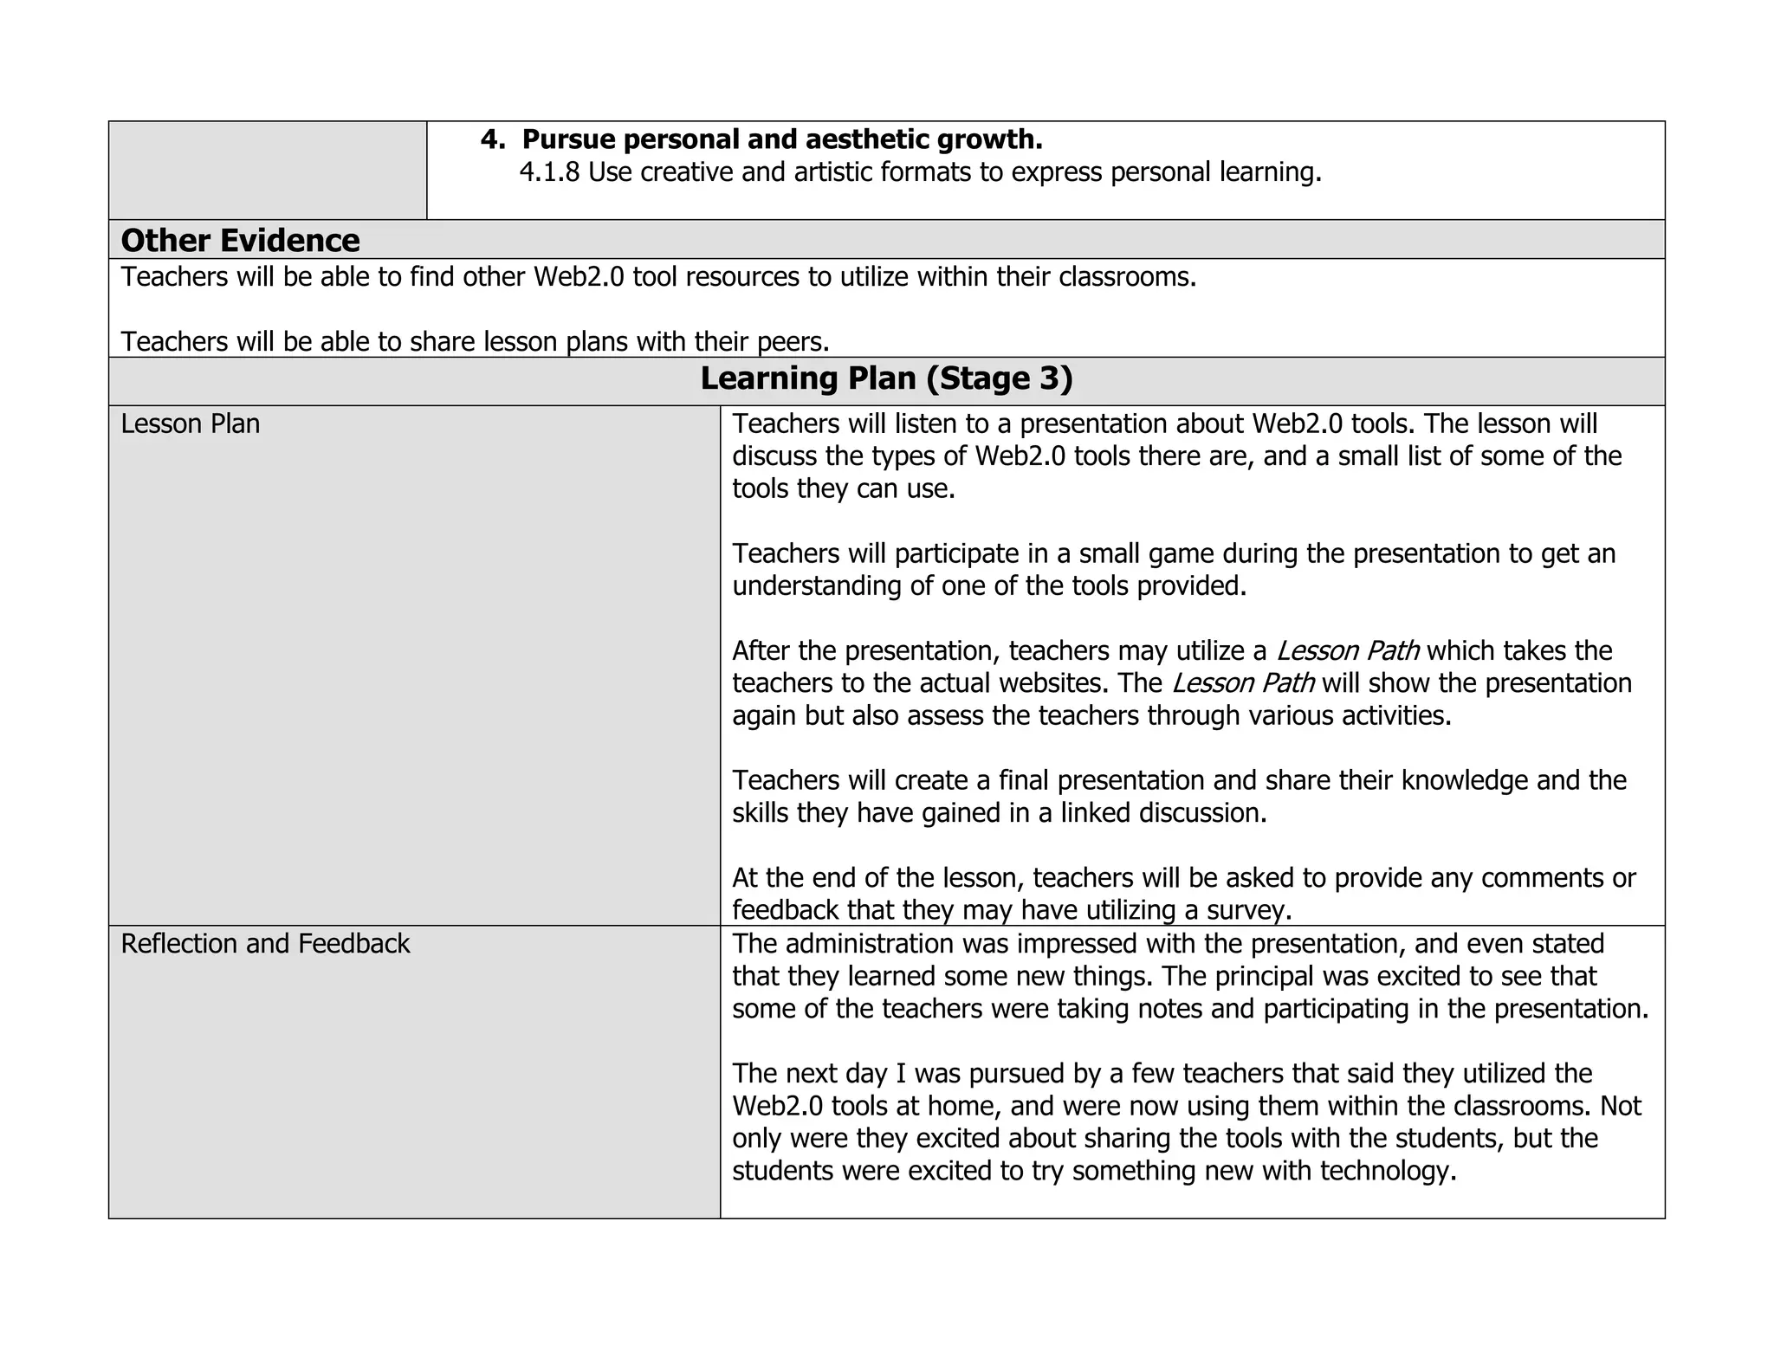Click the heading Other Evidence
point(240,241)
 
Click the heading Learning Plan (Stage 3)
point(886,378)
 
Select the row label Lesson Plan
point(190,424)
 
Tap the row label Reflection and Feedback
point(265,944)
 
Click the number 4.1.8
point(549,173)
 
